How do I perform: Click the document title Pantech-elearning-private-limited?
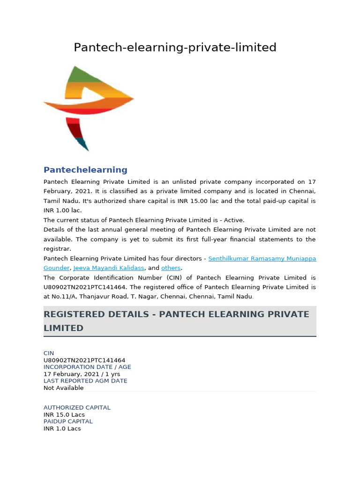click(x=175, y=47)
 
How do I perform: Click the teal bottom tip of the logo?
click(x=83, y=144)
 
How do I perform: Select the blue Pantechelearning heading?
click(x=85, y=170)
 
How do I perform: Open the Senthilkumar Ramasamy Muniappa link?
click(x=262, y=258)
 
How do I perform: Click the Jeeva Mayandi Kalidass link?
click(x=108, y=268)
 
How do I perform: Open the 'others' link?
click(x=171, y=268)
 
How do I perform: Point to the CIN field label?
click(x=49, y=353)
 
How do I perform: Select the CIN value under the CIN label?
click(x=84, y=360)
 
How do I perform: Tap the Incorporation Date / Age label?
click(x=87, y=367)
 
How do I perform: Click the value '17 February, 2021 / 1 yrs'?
click(x=82, y=374)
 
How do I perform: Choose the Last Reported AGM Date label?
click(x=85, y=381)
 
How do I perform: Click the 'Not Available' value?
click(x=63, y=388)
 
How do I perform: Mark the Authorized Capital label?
click(x=77, y=407)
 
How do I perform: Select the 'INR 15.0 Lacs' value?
click(x=64, y=414)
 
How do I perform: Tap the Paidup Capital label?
click(x=68, y=421)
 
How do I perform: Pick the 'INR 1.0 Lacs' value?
click(x=62, y=428)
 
